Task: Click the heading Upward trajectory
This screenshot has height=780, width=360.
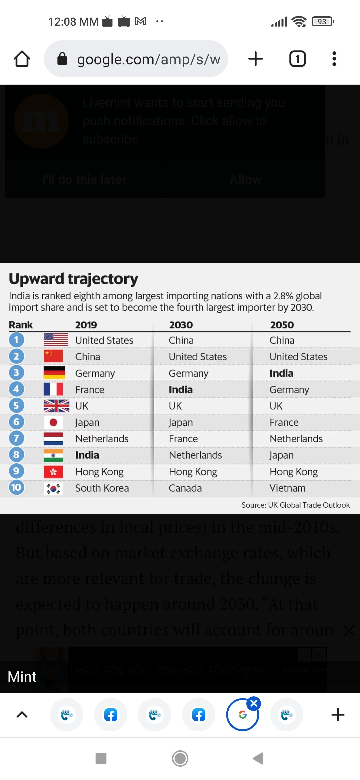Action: (x=73, y=279)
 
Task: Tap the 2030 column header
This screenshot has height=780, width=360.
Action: (x=181, y=325)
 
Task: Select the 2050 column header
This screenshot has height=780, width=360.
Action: (x=282, y=325)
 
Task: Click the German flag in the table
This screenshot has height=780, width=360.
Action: (x=54, y=373)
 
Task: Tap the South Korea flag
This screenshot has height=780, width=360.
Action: (x=53, y=488)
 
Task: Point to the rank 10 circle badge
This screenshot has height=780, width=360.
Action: (x=16, y=488)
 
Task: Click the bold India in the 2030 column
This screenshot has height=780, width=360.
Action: (x=180, y=390)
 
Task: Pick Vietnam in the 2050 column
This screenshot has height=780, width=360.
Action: (x=287, y=488)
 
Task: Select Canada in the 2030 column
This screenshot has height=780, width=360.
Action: (x=185, y=488)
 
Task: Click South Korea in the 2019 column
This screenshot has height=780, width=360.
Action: (x=102, y=488)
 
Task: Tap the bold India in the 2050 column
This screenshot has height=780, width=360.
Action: (x=281, y=373)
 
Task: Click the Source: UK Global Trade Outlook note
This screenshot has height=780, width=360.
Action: (x=295, y=505)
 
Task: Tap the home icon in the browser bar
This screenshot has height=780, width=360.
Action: (x=22, y=59)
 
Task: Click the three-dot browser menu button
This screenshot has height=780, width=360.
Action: (x=334, y=59)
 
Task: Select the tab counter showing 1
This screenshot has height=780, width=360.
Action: (x=297, y=59)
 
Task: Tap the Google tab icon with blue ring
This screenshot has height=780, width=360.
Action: (x=242, y=715)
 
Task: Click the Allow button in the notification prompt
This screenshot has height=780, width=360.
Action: (x=245, y=180)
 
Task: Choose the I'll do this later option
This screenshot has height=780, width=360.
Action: (x=84, y=180)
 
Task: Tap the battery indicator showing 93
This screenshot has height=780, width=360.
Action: (x=322, y=22)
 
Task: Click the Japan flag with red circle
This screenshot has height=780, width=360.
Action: (x=53, y=422)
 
